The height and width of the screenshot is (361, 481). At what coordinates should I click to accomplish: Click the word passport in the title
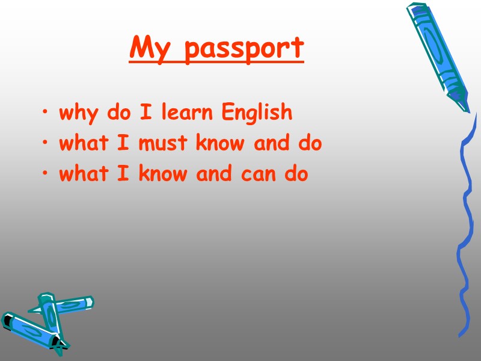click(244, 49)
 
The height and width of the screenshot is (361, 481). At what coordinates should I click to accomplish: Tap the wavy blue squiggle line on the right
click(464, 229)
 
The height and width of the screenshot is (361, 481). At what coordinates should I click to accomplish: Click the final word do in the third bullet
click(296, 174)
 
